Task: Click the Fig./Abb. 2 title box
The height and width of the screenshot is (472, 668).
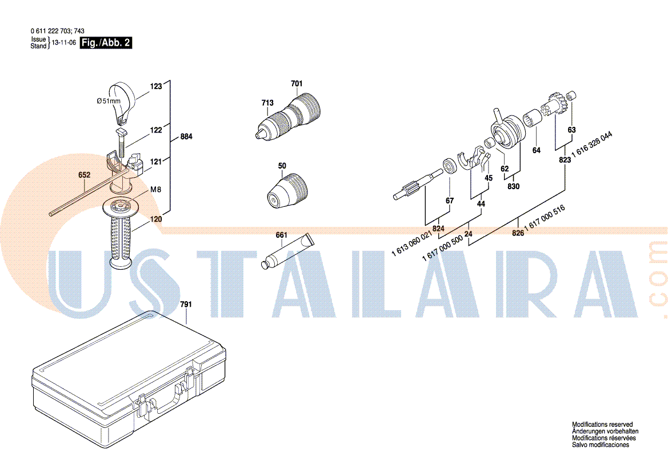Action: (x=106, y=43)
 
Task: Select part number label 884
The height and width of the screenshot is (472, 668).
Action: (x=186, y=137)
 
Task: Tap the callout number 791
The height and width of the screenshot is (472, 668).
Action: (x=186, y=304)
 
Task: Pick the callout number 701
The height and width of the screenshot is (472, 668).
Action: (x=297, y=83)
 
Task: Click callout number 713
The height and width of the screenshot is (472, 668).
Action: (x=267, y=103)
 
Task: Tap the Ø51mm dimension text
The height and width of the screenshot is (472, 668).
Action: (x=109, y=101)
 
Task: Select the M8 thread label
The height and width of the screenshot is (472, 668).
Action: (x=155, y=190)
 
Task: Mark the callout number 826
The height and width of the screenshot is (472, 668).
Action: (x=518, y=233)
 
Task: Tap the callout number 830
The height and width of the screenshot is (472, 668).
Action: (x=513, y=186)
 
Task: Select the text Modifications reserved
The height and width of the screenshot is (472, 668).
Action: (x=602, y=425)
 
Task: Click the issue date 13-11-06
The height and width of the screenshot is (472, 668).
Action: (x=64, y=43)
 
